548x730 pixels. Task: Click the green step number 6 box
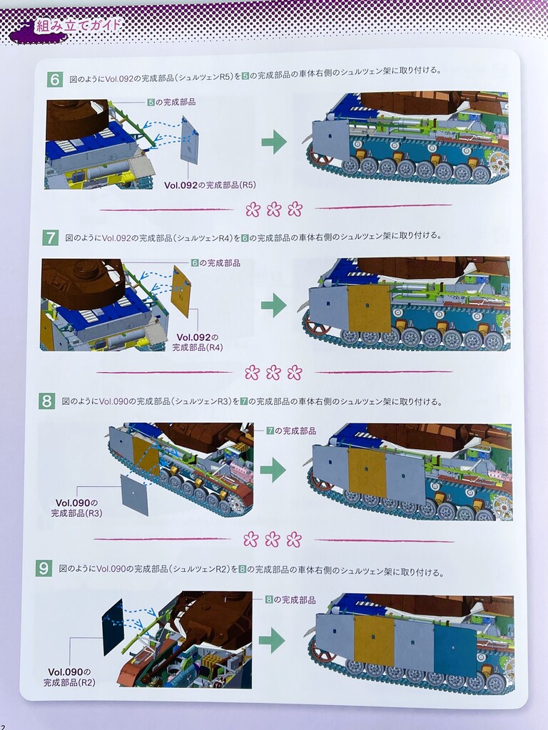54,80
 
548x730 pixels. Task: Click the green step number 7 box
50,238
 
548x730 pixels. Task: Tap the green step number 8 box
46,401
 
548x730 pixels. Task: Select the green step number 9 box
44,568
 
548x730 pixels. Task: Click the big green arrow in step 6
274,142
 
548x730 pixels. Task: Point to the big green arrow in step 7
274,305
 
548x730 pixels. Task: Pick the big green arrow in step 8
273,470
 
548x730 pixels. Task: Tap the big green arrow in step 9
272,640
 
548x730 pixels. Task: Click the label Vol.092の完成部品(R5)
210,185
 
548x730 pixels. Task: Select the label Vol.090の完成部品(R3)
76,508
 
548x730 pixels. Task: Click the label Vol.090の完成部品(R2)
69,677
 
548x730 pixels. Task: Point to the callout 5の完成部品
171,102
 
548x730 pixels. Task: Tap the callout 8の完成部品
290,600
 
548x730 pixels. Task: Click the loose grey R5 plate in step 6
190,140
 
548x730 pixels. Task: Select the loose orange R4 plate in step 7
181,292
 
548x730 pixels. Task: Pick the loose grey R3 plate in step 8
135,495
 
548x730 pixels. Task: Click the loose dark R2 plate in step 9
112,627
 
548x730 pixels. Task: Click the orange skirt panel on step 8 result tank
367,473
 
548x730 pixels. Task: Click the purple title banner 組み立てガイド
77,25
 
